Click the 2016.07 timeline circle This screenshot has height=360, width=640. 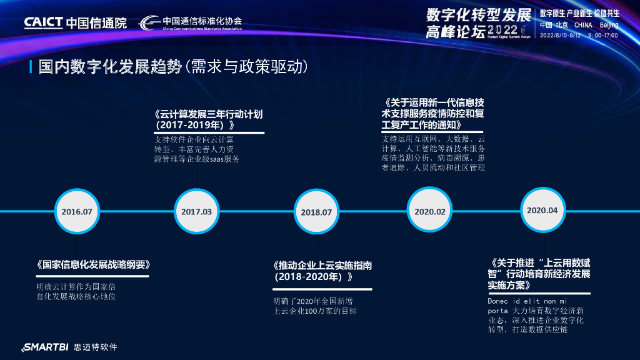76,212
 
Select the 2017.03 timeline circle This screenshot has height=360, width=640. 197,212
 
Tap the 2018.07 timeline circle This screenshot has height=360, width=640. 316,212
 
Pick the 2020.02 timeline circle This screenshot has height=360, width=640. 430,212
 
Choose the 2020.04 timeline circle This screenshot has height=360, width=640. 542,211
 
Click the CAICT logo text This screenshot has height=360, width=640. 43,22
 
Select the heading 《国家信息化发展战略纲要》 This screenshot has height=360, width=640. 93,264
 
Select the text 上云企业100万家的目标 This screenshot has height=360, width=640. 315,311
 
